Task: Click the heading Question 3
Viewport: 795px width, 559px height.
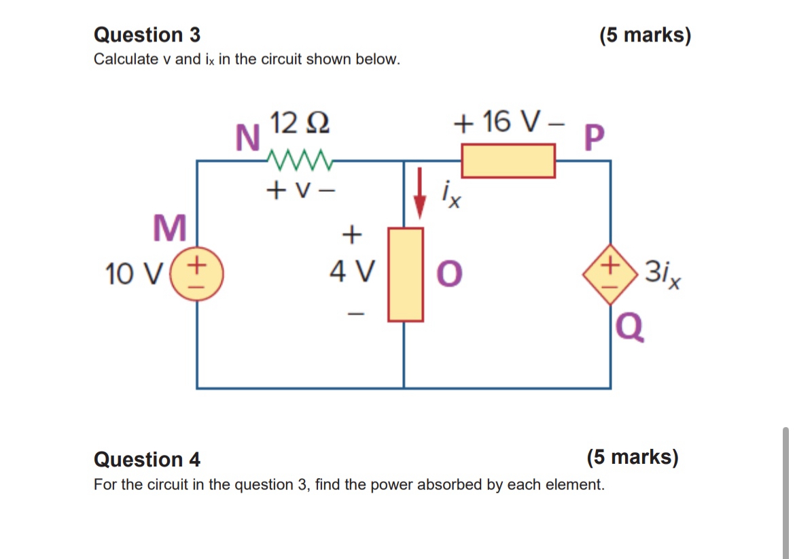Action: (x=147, y=35)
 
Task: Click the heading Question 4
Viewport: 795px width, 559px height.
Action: (x=147, y=460)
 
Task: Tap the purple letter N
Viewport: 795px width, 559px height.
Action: (x=247, y=139)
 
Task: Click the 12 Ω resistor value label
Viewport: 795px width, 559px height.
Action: (x=300, y=122)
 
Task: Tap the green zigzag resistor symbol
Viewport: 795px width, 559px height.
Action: (x=299, y=160)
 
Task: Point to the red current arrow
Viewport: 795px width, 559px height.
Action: (x=420, y=194)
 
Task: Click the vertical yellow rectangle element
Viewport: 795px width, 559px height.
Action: (x=405, y=274)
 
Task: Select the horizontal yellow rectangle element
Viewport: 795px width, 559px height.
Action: (x=508, y=161)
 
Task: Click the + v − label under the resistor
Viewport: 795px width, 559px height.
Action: (x=300, y=190)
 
